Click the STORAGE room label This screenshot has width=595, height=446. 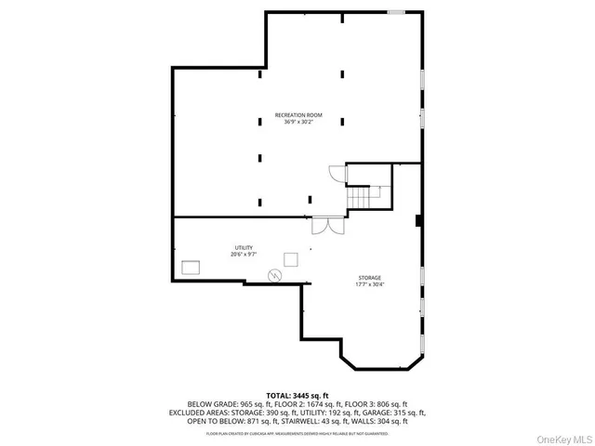pos(370,277)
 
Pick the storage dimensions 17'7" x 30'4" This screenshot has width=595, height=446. pos(370,284)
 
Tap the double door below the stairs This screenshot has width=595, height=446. pos(322,226)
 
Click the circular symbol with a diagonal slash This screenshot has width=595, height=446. pos(275,274)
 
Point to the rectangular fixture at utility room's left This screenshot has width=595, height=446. pos(192,267)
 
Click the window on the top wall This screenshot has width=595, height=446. pos(396,12)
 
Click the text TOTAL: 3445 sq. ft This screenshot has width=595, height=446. pos(297,396)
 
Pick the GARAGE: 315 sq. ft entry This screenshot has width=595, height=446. pos(395,413)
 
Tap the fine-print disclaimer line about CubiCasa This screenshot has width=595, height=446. pos(297,432)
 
